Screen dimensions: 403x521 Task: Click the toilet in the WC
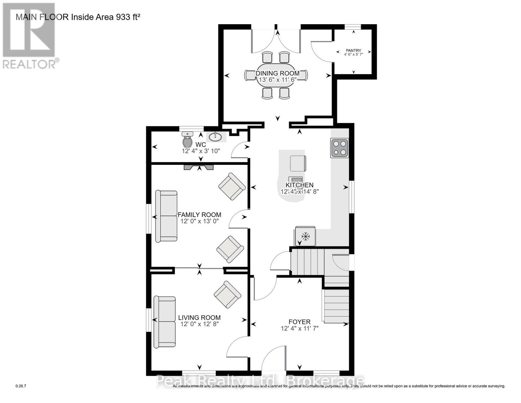(x=188, y=139)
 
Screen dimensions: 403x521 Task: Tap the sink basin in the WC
(x=215, y=137)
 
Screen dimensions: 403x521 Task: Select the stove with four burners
(x=339, y=148)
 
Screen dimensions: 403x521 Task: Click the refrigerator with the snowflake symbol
(x=305, y=236)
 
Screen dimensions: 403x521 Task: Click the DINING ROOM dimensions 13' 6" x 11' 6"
(x=277, y=80)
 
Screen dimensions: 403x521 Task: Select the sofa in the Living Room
(x=164, y=322)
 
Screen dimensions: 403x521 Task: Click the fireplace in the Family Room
(x=198, y=168)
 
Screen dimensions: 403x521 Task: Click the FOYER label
(x=299, y=322)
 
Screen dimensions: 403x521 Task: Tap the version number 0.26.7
(x=21, y=386)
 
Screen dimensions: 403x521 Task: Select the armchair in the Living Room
(x=227, y=294)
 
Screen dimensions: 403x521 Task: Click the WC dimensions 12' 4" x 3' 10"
(x=201, y=151)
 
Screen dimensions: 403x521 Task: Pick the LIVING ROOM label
(x=199, y=317)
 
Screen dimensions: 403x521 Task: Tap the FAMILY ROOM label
(x=199, y=215)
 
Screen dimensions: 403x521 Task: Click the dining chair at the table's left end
(x=250, y=75)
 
